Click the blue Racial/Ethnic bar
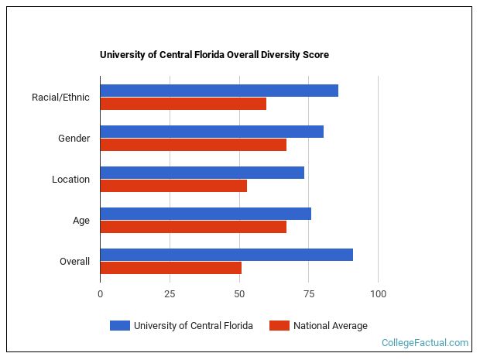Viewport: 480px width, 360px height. pyautogui.click(x=219, y=91)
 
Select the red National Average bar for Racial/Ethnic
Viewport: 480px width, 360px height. pyautogui.click(x=183, y=104)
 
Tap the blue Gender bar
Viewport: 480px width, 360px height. pyautogui.click(x=211, y=132)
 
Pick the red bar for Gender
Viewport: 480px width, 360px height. pyautogui.click(x=193, y=145)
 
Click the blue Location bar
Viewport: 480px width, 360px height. pyautogui.click(x=202, y=173)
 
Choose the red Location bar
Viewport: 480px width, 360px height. pyautogui.click(x=173, y=186)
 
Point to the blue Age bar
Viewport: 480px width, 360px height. pyautogui.click(x=205, y=214)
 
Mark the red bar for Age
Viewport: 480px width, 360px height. pyautogui.click(x=193, y=227)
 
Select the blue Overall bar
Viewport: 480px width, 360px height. pyautogui.click(x=226, y=255)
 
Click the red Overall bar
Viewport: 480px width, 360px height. pyautogui.click(x=170, y=268)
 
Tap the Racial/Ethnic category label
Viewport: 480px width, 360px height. pyautogui.click(x=60, y=98)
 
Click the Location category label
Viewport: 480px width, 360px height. pyautogui.click(x=70, y=180)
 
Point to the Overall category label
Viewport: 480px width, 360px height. pyautogui.click(x=74, y=262)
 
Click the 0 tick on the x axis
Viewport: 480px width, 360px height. pyautogui.click(x=100, y=294)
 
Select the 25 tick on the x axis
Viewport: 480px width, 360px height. pyautogui.click(x=170, y=294)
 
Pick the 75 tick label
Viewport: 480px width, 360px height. pyautogui.click(x=308, y=294)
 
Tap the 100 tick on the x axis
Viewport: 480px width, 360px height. pyautogui.click(x=378, y=294)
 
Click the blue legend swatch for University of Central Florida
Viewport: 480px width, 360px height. pyautogui.click(x=119, y=326)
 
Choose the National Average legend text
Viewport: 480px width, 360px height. pyautogui.click(x=330, y=326)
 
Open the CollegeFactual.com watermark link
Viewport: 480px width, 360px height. pyautogui.click(x=425, y=343)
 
